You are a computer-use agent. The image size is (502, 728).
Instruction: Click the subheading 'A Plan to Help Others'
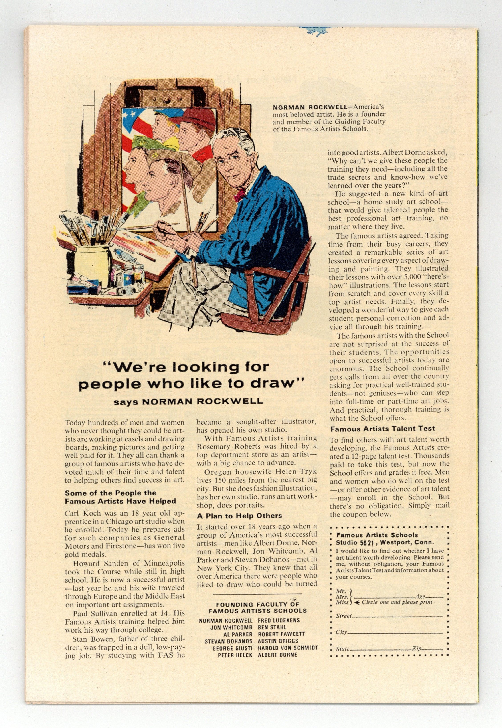239,516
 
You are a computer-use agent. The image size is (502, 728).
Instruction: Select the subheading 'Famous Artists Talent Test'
383,428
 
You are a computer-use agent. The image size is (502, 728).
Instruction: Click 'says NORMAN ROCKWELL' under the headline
188,402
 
